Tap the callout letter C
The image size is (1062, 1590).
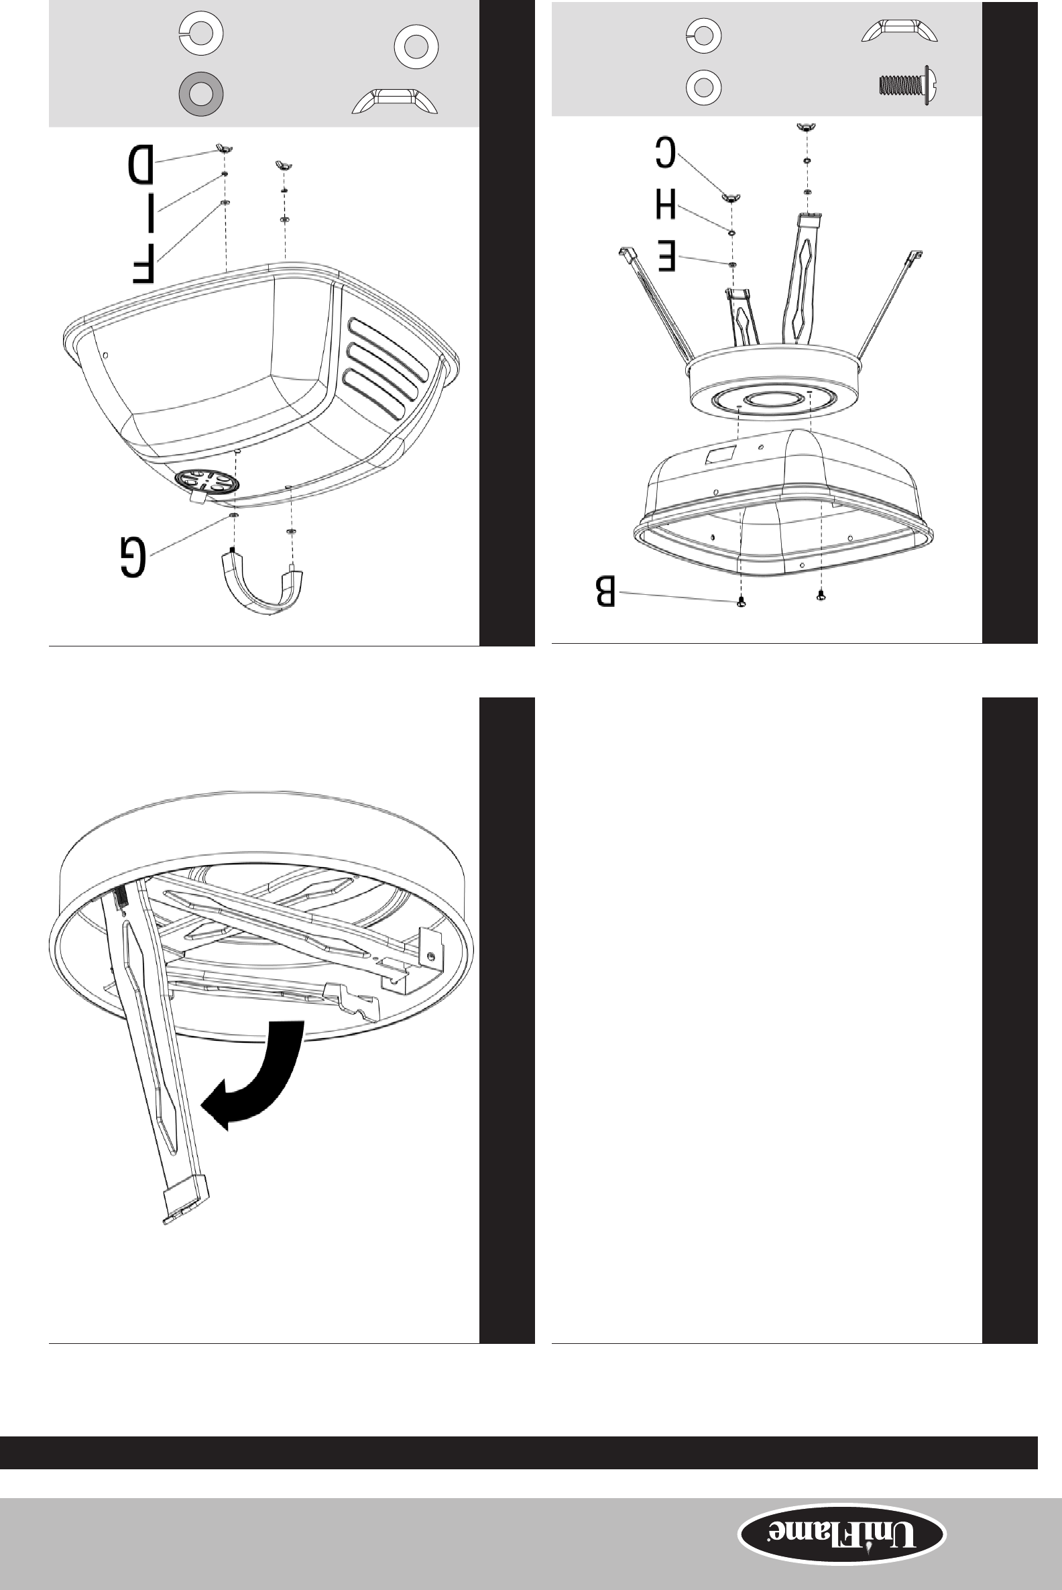point(665,152)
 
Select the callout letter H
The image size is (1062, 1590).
point(665,205)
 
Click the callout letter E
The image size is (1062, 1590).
point(666,258)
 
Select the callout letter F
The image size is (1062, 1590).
point(143,264)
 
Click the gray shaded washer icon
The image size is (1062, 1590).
point(200,93)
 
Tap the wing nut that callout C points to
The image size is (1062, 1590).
point(730,198)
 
